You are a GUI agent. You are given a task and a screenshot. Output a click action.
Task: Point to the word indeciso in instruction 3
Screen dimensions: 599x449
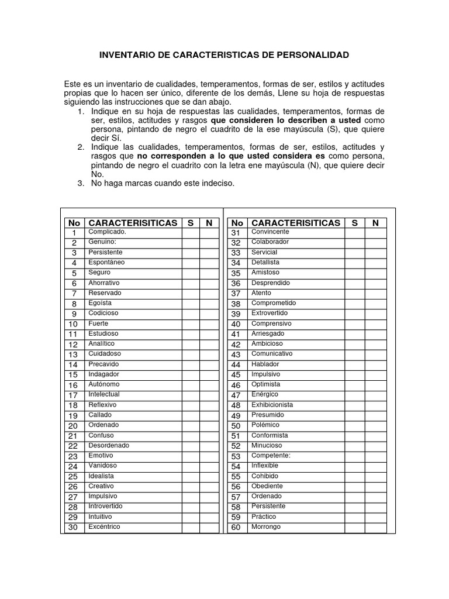coord(217,183)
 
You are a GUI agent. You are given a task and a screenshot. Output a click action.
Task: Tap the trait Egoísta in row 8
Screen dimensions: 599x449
coord(100,303)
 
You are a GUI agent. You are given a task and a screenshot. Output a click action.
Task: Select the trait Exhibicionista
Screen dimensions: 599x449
coord(272,405)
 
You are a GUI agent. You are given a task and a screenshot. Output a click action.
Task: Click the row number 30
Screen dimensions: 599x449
coord(73,528)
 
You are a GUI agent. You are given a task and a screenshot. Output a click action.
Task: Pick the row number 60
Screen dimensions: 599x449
coord(236,528)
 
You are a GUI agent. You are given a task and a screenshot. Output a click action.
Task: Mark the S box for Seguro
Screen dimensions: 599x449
coord(191,273)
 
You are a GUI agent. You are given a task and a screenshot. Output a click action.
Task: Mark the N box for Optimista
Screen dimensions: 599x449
coord(375,385)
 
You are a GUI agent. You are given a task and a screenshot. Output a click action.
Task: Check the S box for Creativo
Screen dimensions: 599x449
coord(191,487)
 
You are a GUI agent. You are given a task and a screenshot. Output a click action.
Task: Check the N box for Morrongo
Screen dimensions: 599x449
coord(375,528)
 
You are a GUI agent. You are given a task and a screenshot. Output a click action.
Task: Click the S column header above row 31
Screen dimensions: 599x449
coord(354,223)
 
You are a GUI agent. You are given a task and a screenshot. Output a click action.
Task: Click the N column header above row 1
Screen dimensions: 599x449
coord(209,223)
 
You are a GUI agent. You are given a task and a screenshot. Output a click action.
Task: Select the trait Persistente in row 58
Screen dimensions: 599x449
coord(268,507)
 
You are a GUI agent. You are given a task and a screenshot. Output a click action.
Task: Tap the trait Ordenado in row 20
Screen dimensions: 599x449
coord(103,425)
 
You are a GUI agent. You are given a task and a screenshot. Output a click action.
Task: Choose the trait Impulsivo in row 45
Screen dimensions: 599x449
coord(265,374)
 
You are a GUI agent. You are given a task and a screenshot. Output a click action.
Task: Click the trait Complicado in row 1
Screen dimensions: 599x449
coord(107,232)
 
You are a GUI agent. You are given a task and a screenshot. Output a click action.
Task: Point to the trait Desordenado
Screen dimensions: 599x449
coord(109,446)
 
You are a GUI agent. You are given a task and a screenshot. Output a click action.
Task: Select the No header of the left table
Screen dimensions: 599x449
coord(74,223)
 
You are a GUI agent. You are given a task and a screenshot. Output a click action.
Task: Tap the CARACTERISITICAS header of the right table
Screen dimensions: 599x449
coord(295,223)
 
